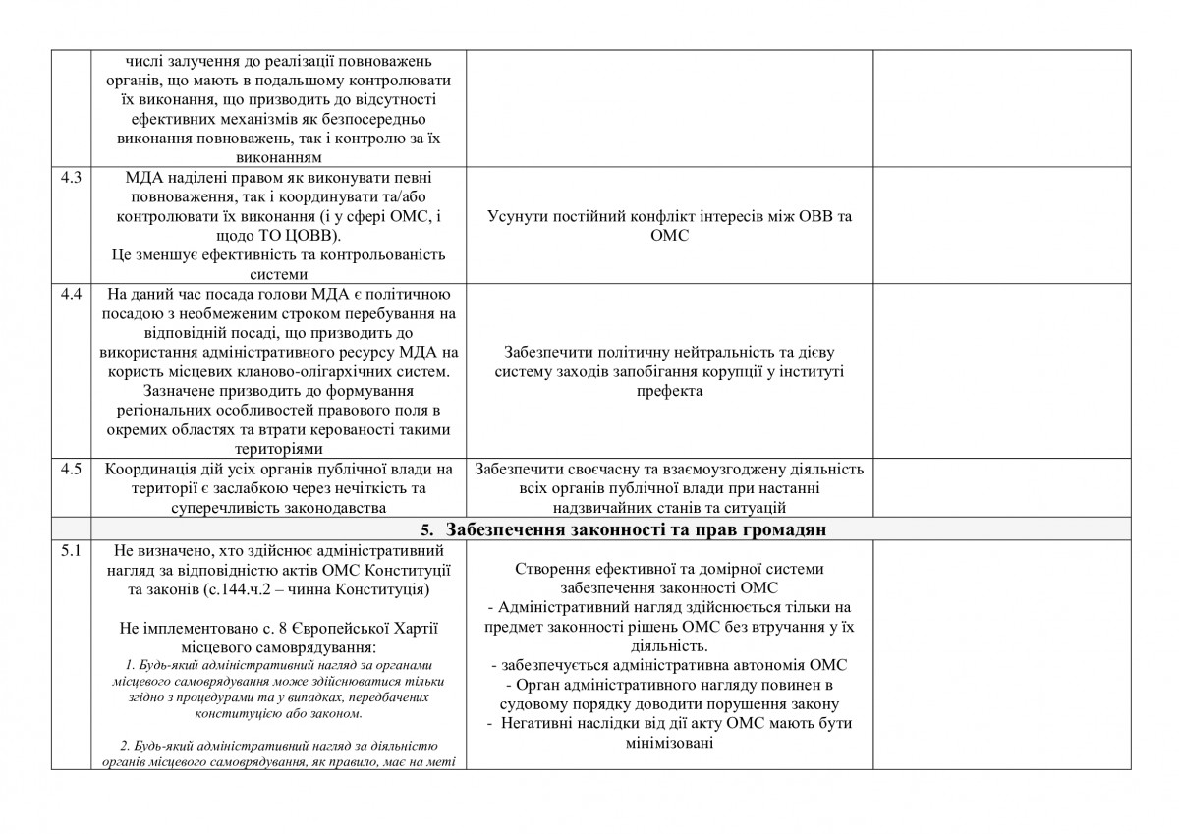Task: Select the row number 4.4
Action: (71, 294)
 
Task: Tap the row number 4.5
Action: (71, 468)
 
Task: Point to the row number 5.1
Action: (71, 550)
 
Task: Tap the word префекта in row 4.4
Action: (670, 390)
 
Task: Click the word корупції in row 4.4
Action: (749, 371)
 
